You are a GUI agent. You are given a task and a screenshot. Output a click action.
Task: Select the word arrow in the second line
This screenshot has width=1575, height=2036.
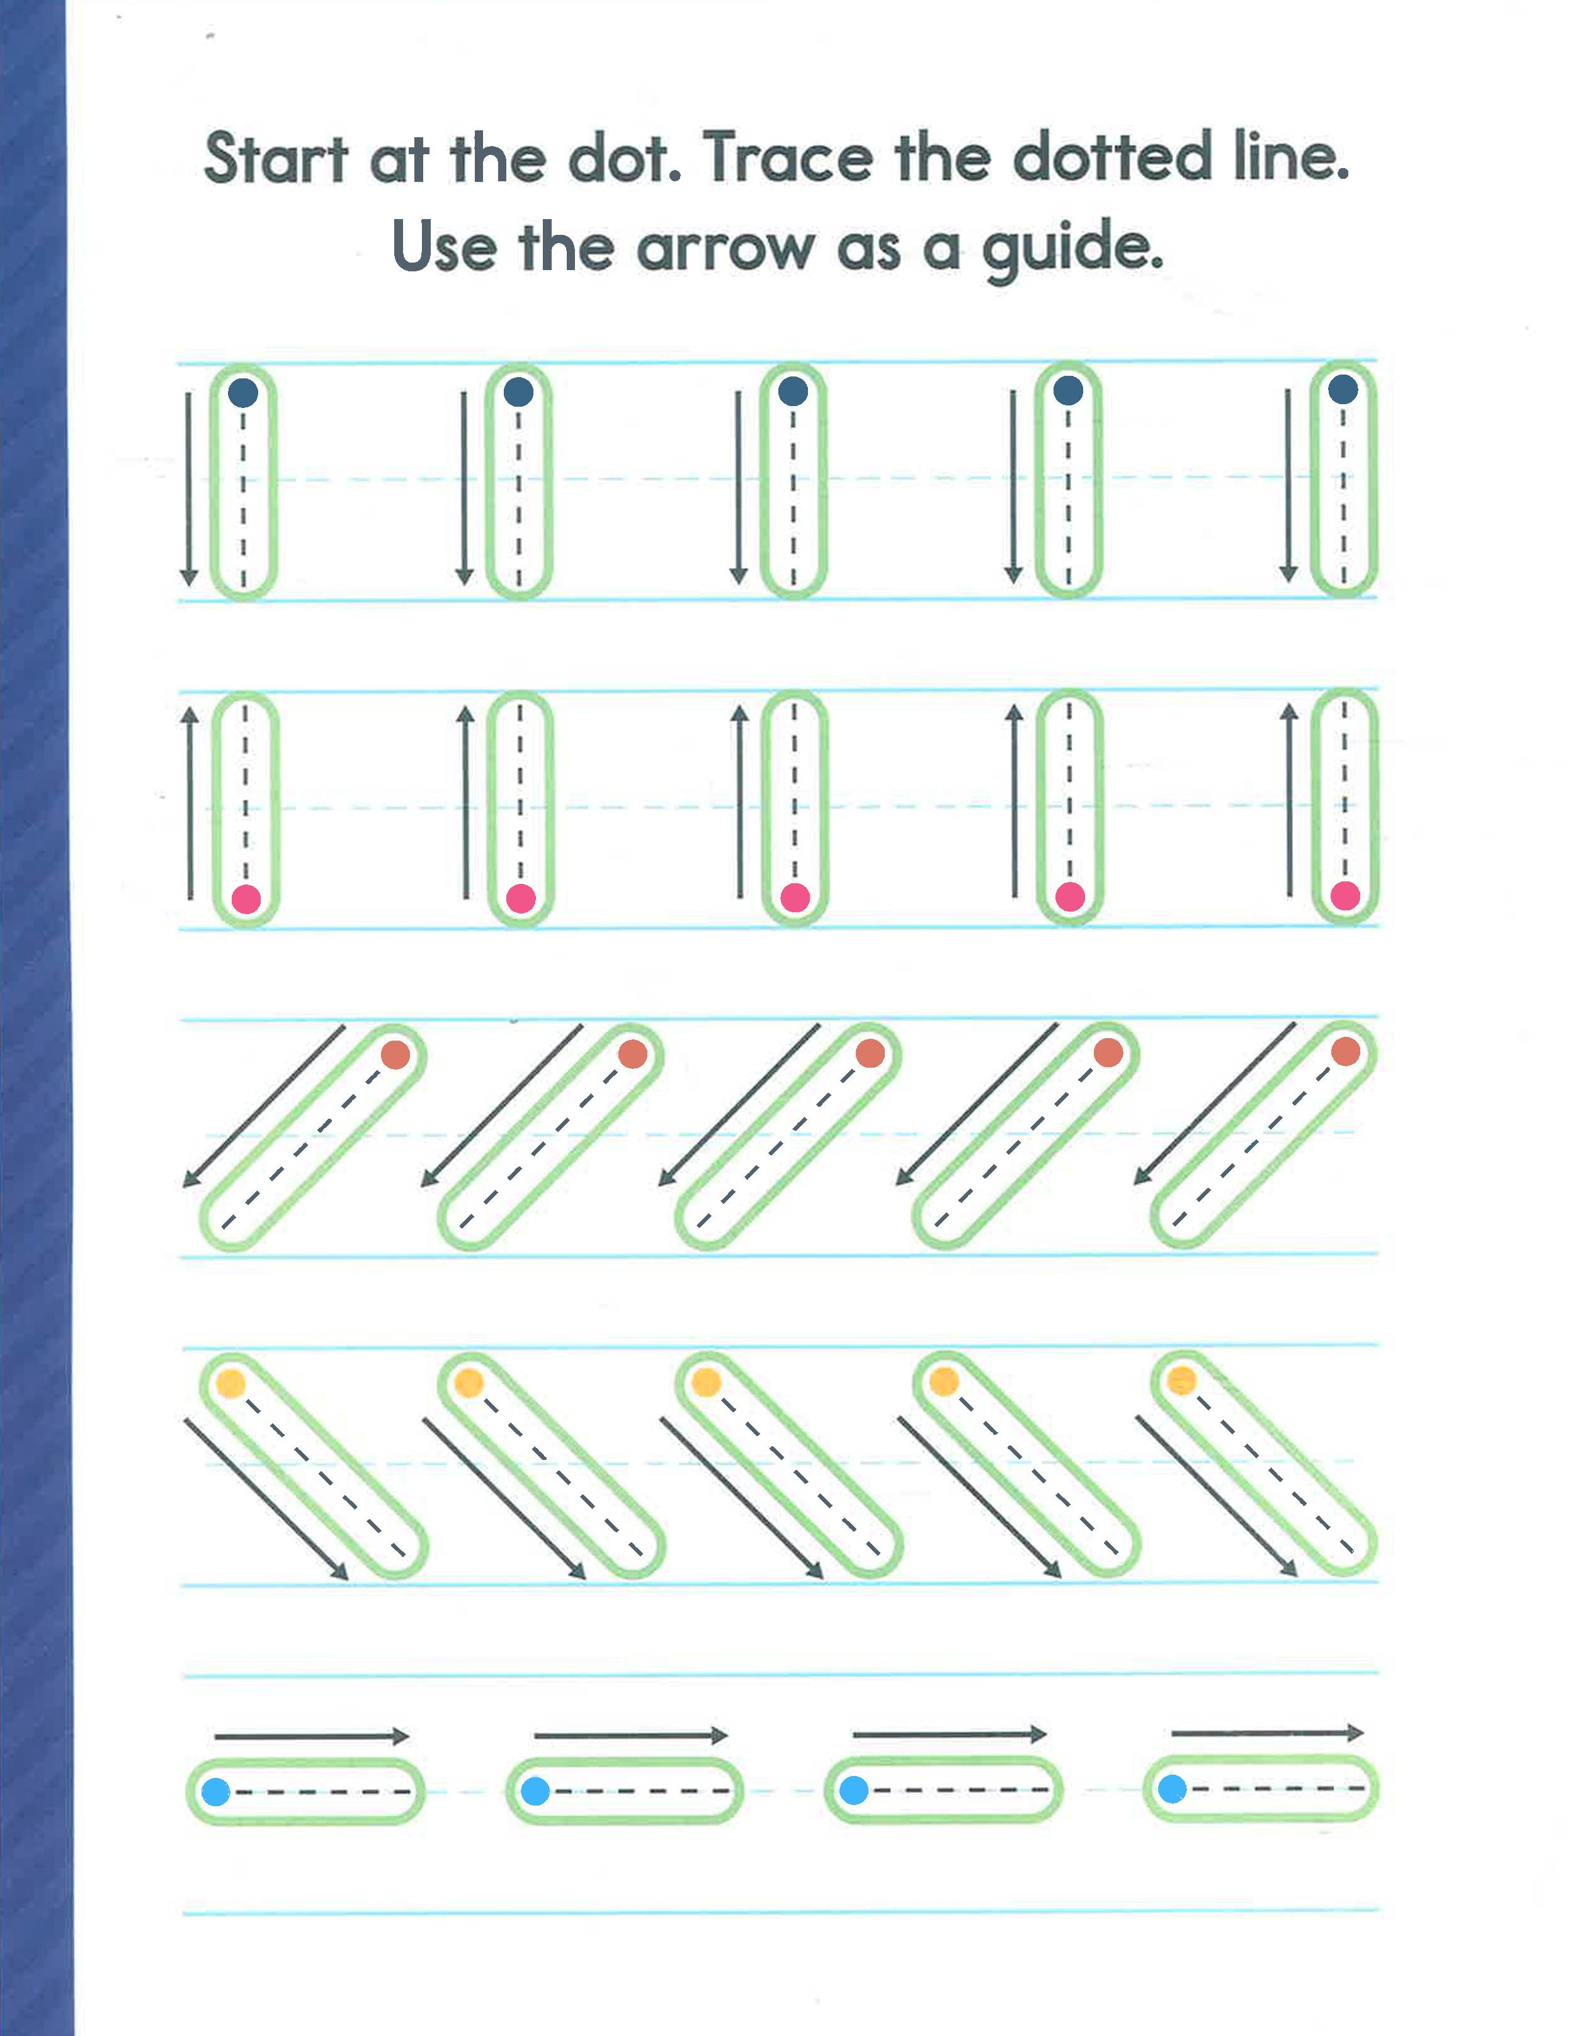point(725,249)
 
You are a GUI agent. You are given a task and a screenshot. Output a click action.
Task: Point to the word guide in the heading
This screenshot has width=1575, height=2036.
point(1072,249)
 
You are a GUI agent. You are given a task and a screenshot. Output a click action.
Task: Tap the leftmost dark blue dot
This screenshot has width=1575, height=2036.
point(243,392)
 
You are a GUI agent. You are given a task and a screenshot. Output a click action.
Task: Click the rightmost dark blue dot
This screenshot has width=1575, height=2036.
point(1343,390)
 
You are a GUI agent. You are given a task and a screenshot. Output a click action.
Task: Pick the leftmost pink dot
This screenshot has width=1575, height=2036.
point(246,900)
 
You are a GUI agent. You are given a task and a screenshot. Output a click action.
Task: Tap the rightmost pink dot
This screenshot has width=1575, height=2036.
point(1345,896)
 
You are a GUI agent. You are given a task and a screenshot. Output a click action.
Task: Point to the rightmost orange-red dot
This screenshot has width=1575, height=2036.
point(1346,1051)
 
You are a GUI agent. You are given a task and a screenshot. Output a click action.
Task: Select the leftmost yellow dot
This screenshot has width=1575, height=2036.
point(230,1383)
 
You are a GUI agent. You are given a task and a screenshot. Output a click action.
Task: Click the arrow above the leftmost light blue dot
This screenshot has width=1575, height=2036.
point(312,1736)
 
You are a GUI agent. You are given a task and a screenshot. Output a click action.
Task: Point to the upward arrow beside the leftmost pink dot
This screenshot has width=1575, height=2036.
point(190,801)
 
